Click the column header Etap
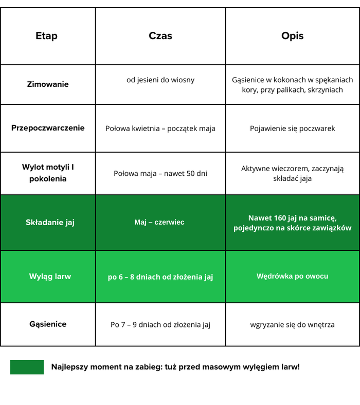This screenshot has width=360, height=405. [46, 36]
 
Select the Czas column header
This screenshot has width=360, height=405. [160, 36]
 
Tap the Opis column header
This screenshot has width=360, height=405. [292, 36]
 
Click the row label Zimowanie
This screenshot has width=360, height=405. [48, 84]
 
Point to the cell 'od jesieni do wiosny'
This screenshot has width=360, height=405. [160, 80]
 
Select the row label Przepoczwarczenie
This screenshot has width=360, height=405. [48, 128]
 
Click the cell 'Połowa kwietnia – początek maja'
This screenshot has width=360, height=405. [160, 128]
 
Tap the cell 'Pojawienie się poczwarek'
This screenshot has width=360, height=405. [292, 128]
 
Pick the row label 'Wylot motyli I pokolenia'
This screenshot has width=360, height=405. [48, 173]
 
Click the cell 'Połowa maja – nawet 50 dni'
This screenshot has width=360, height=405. [160, 173]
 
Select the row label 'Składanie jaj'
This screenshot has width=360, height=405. [50, 223]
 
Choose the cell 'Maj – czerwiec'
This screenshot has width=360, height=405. [159, 222]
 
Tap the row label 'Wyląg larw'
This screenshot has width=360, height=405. [50, 277]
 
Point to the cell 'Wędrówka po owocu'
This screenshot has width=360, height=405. [292, 276]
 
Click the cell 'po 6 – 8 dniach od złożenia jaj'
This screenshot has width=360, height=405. [160, 277]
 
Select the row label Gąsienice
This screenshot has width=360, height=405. [48, 324]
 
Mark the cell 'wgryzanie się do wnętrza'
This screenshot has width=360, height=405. [292, 325]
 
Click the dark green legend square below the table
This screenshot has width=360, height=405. [27, 367]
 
